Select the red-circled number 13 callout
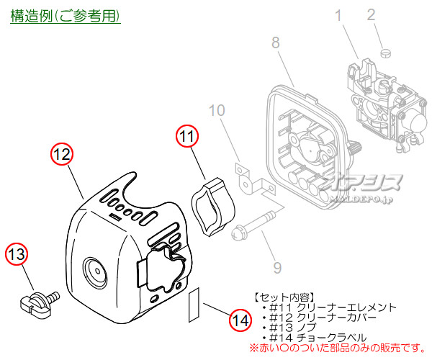(x=17, y=254)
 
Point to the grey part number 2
(x=392, y=14)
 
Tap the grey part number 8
(x=276, y=43)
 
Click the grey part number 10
(x=217, y=111)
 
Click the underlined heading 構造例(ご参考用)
(x=65, y=15)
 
